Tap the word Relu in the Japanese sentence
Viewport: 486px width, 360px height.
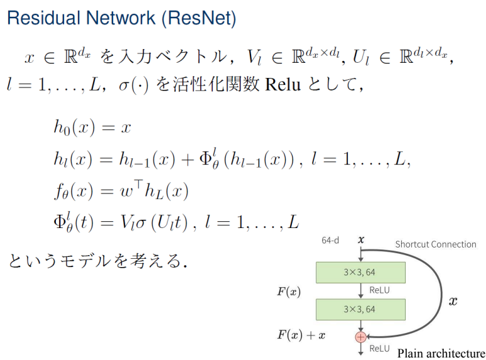click(279, 84)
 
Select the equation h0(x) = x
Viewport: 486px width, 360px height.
click(92, 128)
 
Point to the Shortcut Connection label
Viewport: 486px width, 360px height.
click(435, 244)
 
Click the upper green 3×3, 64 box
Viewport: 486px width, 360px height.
click(360, 272)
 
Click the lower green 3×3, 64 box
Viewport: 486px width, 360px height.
click(360, 309)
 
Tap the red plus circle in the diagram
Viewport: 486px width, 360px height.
click(360, 337)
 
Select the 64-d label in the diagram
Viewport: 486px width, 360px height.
click(331, 240)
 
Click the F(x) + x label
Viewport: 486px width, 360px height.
click(301, 335)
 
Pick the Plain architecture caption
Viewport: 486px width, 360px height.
click(441, 353)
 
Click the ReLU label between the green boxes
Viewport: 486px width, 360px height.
click(380, 290)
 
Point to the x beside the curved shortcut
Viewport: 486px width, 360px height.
click(453, 302)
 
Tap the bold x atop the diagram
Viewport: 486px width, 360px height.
click(360, 239)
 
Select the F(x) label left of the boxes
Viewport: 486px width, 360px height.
click(289, 292)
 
